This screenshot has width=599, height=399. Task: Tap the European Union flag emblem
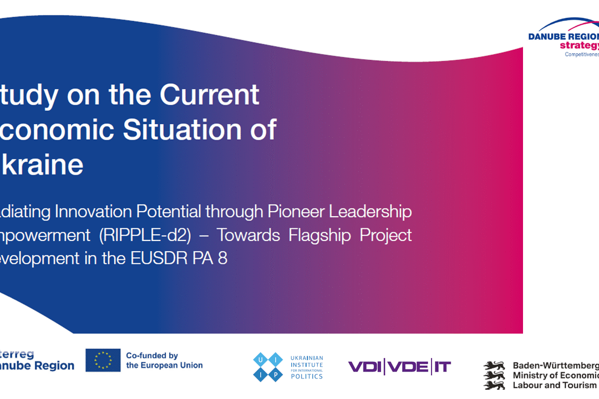pyautogui.click(x=103, y=360)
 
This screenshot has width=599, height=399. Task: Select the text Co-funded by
pyautogui.click(x=152, y=356)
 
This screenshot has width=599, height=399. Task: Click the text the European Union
pyautogui.click(x=164, y=365)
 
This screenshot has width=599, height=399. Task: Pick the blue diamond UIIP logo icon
pyautogui.click(x=268, y=366)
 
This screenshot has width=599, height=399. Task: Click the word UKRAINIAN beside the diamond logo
pyautogui.click(x=307, y=358)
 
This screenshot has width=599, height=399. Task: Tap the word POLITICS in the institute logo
pyautogui.click(x=307, y=376)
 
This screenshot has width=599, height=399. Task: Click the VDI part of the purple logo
pyautogui.click(x=366, y=366)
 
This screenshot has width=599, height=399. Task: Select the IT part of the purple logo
pyautogui.click(x=441, y=366)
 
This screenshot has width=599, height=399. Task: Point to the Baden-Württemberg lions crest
pyautogui.click(x=494, y=375)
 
